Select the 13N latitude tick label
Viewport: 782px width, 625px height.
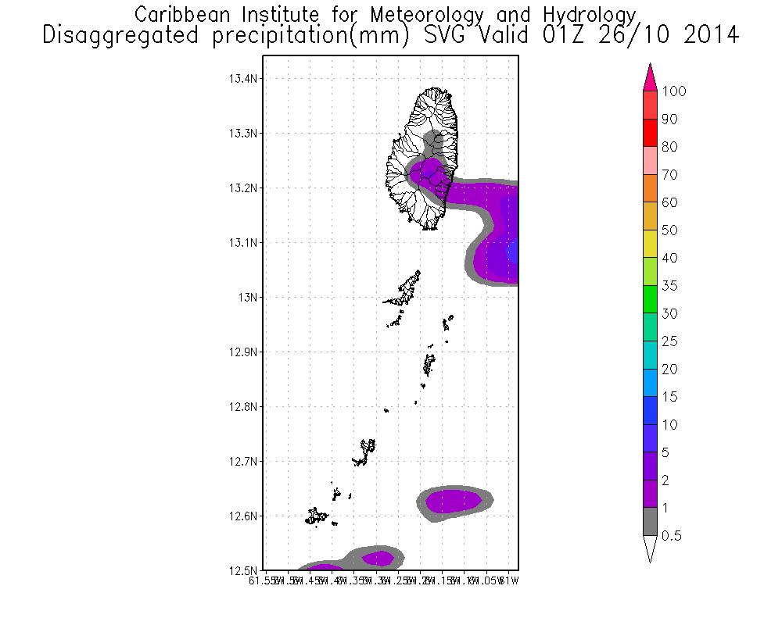pyautogui.click(x=248, y=298)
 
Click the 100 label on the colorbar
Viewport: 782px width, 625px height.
pyautogui.click(x=673, y=91)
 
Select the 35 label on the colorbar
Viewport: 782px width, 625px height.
pyautogui.click(x=669, y=286)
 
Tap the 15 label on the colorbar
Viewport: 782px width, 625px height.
pyautogui.click(x=669, y=397)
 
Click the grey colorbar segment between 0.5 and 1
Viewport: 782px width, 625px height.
pyautogui.click(x=650, y=522)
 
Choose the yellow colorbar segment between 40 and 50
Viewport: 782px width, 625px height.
pyautogui.click(x=650, y=245)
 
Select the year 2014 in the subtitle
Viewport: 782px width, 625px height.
pyautogui.click(x=710, y=35)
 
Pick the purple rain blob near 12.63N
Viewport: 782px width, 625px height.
pyautogui.click(x=453, y=500)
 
